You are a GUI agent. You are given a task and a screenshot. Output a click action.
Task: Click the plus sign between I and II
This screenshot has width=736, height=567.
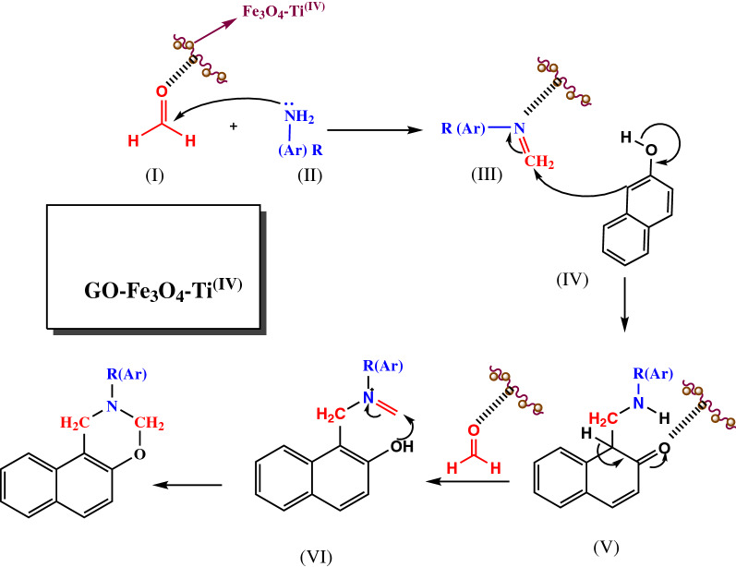pos(233,125)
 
